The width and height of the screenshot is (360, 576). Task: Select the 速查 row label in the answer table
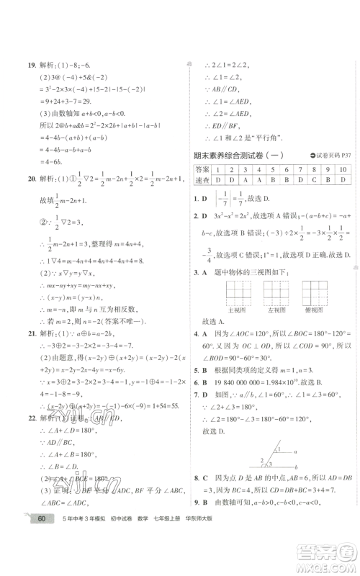pos(202,181)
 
